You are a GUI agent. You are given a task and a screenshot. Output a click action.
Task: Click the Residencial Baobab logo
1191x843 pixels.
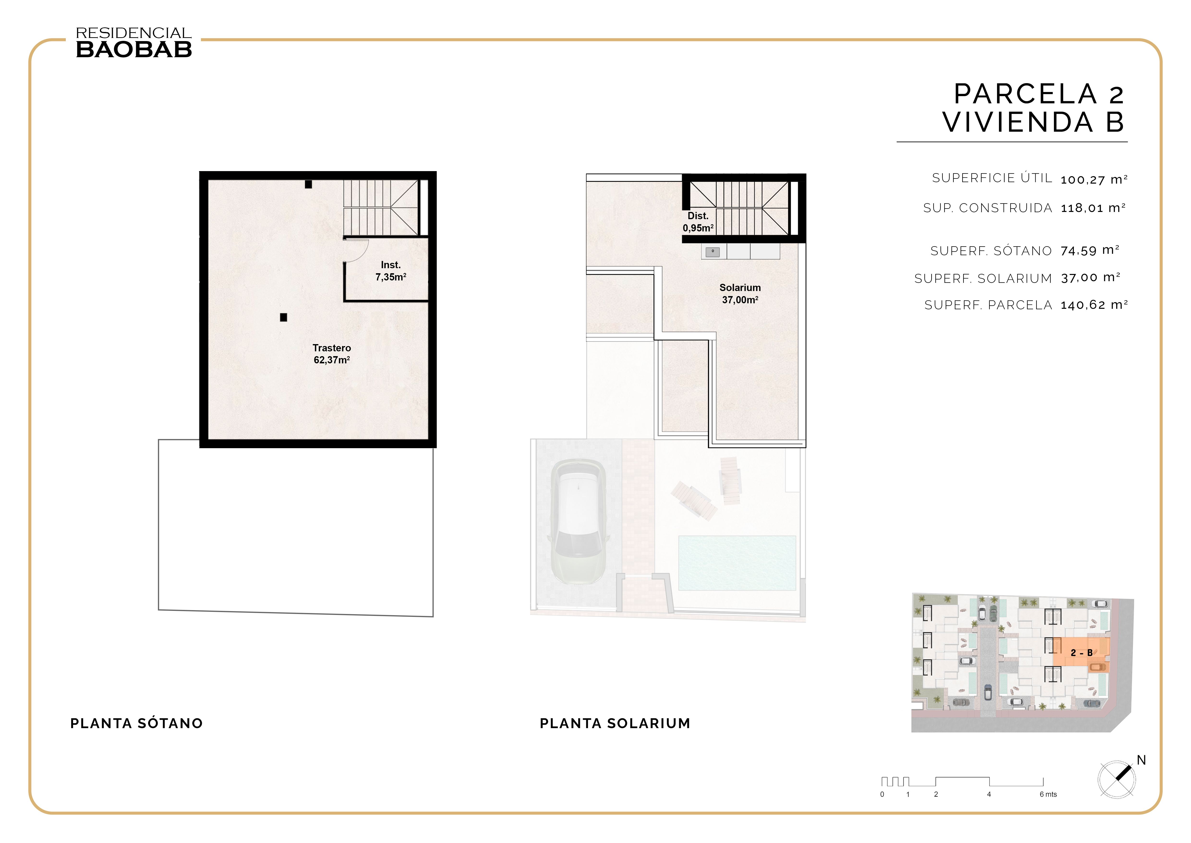pos(134,43)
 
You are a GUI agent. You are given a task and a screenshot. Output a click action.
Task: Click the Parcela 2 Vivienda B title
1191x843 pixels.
pos(1033,108)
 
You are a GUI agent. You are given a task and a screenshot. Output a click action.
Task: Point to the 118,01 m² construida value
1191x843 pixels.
pos(1092,208)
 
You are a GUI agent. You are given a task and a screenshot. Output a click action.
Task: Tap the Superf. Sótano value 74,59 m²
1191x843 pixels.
pos(1089,251)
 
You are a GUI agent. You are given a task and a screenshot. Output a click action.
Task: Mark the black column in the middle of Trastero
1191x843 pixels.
pos(283,317)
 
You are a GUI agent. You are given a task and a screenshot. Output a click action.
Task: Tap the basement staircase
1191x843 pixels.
pos(381,208)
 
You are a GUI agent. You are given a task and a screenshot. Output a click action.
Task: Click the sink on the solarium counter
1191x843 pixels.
pos(713,252)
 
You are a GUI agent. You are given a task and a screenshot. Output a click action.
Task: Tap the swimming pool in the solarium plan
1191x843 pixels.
pos(737,563)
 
